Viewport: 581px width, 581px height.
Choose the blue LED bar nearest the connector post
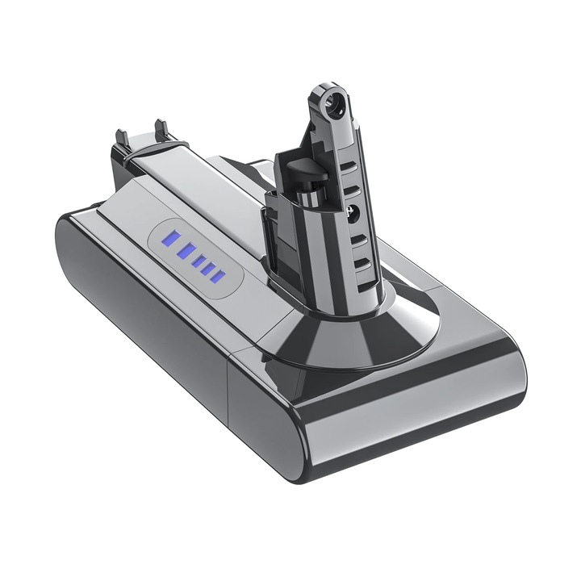pos(216,278)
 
